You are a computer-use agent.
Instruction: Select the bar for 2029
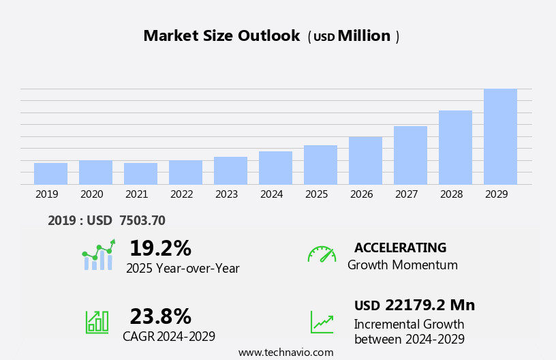(500, 136)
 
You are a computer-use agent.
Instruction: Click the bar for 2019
(50, 173)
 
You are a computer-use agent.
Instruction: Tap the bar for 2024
(275, 168)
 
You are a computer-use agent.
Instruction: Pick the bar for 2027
(410, 155)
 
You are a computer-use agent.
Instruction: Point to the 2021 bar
(140, 173)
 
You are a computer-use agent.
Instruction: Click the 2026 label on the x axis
(361, 194)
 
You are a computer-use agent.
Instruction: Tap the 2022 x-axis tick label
(181, 194)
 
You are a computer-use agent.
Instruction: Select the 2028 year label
(451, 194)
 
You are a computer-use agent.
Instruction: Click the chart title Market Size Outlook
(221, 36)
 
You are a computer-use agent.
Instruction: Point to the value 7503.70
(142, 220)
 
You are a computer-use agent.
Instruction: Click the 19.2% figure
(160, 248)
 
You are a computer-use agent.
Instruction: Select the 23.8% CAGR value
(160, 316)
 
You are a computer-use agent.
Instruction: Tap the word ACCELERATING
(400, 247)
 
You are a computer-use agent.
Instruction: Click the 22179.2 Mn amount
(429, 305)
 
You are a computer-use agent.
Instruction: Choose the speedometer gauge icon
(322, 254)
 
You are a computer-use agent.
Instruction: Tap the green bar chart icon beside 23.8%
(97, 321)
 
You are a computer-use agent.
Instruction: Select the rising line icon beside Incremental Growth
(322, 322)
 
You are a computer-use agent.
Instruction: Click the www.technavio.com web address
(285, 352)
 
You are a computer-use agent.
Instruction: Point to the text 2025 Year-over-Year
(183, 269)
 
